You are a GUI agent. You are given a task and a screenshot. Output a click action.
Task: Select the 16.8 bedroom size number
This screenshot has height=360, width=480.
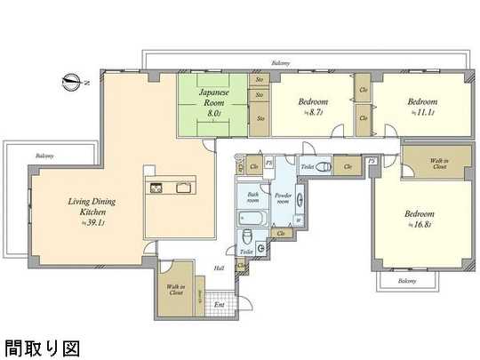(x=418, y=227)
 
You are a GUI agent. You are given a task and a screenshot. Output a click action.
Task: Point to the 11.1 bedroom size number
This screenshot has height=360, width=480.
(x=422, y=114)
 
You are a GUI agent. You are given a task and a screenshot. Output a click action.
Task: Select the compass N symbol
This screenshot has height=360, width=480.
(x=72, y=83)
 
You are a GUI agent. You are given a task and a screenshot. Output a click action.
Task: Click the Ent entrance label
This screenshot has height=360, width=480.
(x=220, y=307)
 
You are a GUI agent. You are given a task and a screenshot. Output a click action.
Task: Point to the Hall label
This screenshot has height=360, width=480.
(x=219, y=268)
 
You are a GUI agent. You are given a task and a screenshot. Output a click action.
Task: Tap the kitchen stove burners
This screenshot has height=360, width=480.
(x=157, y=188)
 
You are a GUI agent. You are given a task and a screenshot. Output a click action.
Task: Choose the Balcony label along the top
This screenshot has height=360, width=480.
(x=285, y=64)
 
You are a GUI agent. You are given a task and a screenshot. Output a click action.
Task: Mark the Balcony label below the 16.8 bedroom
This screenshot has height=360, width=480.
(x=407, y=281)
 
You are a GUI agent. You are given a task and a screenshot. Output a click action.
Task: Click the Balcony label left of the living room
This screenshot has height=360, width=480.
(x=44, y=156)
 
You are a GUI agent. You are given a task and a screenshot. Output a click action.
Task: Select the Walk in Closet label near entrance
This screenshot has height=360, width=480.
(x=176, y=290)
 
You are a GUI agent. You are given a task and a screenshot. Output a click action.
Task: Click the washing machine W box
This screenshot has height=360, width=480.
(x=297, y=221)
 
